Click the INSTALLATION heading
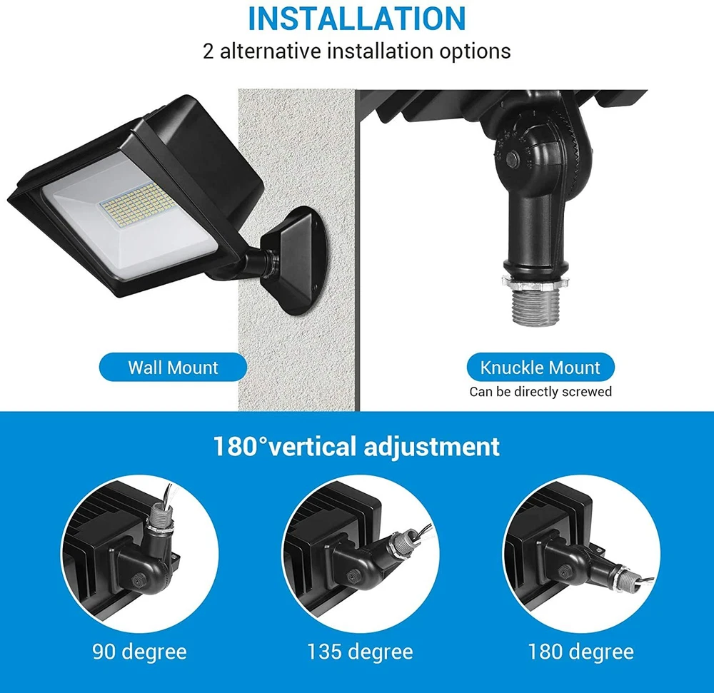pyautogui.click(x=356, y=19)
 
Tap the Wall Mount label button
pyautogui.click(x=173, y=368)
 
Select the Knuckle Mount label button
pyautogui.click(x=540, y=368)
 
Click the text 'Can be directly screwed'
pyautogui.click(x=540, y=392)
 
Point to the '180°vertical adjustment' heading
pyautogui.click(x=356, y=446)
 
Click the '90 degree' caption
pyautogui.click(x=139, y=652)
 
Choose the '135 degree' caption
pyautogui.click(x=360, y=652)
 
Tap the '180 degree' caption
pyautogui.click(x=580, y=652)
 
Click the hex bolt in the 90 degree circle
pyautogui.click(x=136, y=580)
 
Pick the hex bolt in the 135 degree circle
pyautogui.click(x=351, y=577)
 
